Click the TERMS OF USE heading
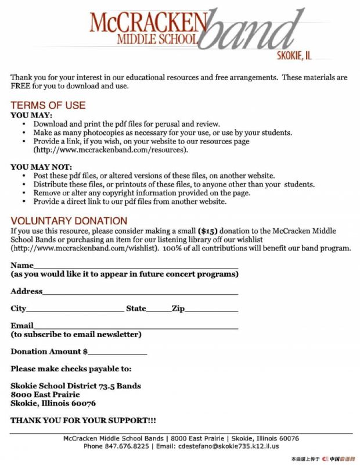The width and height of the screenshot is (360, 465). pos(48,105)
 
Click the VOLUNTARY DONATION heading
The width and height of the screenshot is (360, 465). pos(69,220)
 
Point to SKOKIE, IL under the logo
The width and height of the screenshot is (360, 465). pos(294,56)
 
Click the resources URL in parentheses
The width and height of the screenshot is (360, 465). pos(111,149)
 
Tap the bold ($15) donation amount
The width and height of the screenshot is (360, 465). pos(207,230)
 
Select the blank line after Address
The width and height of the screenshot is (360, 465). pos(140,292)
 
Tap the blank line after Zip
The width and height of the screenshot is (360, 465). pos(211,310)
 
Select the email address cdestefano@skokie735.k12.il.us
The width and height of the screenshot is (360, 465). pos(227,446)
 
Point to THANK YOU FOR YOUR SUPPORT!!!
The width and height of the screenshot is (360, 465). pos(83,420)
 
